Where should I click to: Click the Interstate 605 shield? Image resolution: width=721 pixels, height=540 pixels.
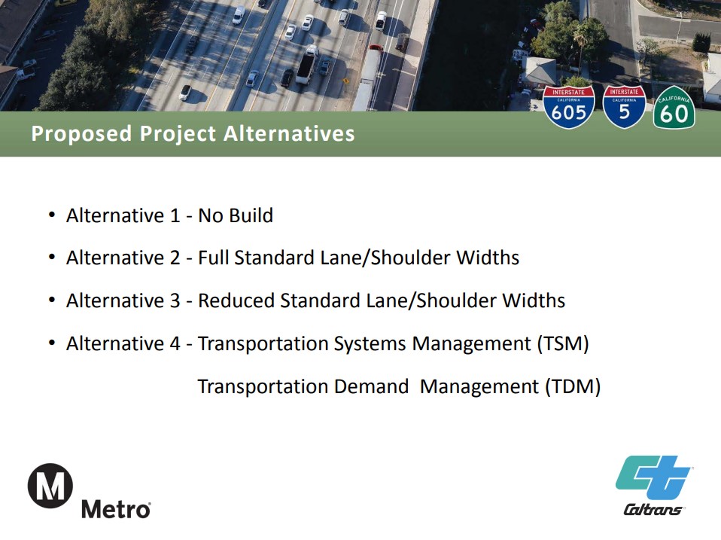coord(569,107)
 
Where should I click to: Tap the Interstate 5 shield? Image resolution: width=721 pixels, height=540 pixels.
coord(624,107)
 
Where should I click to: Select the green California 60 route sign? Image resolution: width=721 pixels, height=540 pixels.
coord(674,108)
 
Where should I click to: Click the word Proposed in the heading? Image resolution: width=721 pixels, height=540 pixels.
coord(81,134)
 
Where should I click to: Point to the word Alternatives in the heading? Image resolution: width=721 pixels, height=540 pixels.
coord(289,133)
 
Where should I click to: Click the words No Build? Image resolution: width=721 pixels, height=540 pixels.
coord(236,215)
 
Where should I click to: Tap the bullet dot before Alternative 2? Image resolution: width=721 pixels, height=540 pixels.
coord(52,257)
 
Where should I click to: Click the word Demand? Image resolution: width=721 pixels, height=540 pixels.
coord(372,386)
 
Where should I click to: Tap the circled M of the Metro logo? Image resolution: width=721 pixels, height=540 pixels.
coord(50,486)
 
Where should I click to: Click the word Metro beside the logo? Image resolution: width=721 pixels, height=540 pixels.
coord(116,509)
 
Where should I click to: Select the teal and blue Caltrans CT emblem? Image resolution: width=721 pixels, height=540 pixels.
coord(654,477)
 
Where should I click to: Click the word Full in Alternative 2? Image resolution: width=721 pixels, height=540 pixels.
coord(213,258)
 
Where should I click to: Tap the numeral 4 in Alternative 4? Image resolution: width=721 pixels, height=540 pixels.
coord(175,343)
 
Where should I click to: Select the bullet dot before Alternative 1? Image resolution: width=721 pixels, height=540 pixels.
coord(52,215)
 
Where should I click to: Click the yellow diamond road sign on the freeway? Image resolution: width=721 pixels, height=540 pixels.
coord(345,81)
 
